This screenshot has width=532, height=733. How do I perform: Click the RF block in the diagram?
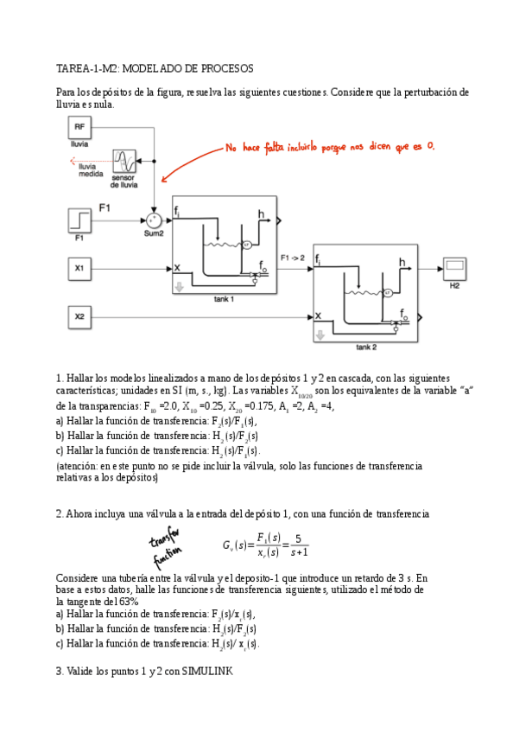pyautogui.click(x=79, y=127)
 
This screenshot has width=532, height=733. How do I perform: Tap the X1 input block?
pyautogui.click(x=79, y=269)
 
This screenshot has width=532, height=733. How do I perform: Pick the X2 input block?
pyautogui.click(x=79, y=318)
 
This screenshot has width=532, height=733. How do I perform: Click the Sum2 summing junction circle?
pyautogui.click(x=155, y=220)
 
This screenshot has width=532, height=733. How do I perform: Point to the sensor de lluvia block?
pyautogui.click(x=126, y=162)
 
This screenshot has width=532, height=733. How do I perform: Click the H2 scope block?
pyautogui.click(x=454, y=268)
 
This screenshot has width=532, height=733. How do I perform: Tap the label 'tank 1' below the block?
pyautogui.click(x=225, y=298)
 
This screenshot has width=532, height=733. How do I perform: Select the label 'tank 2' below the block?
pyautogui.click(x=367, y=347)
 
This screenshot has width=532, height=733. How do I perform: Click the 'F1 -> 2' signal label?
pyautogui.click(x=292, y=257)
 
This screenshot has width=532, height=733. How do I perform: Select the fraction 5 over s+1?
pyautogui.click(x=296, y=545)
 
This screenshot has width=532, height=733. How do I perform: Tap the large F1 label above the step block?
pyautogui.click(x=105, y=207)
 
